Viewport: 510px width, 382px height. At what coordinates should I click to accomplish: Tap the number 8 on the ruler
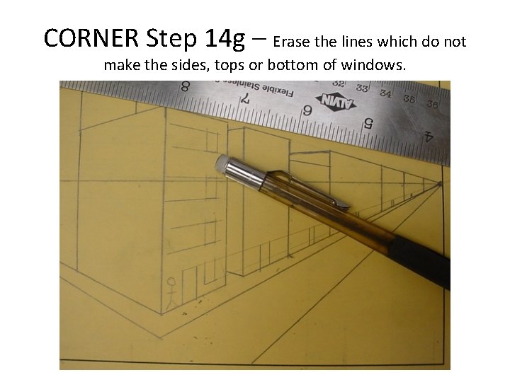pyautogui.click(x=186, y=86)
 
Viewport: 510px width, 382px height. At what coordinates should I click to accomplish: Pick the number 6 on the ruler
pyautogui.click(x=307, y=110)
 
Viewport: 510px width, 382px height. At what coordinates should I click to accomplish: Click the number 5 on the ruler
pyautogui.click(x=368, y=122)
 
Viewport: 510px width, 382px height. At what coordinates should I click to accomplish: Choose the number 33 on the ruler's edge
pyautogui.click(x=362, y=88)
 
